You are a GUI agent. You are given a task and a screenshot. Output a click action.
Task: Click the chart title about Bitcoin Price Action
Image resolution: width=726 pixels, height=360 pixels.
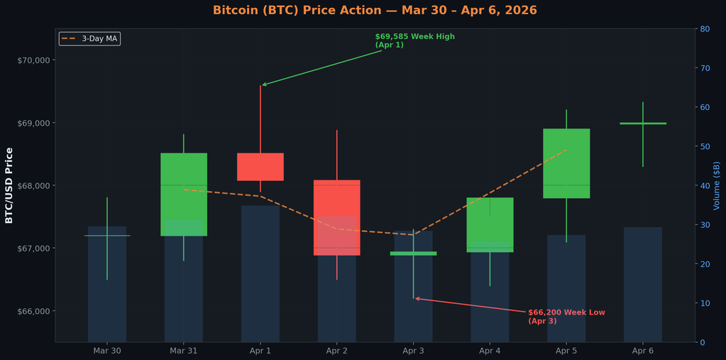[x=375, y=11]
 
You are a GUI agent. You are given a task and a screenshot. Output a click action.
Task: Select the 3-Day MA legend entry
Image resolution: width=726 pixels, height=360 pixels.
[x=90, y=38]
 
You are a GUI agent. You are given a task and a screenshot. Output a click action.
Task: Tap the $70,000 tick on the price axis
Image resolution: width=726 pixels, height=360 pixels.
[x=33, y=60]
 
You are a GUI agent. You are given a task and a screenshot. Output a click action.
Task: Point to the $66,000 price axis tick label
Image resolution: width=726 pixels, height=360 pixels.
[x=33, y=311]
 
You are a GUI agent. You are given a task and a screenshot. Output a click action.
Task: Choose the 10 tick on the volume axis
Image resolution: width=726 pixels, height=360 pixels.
[x=705, y=303]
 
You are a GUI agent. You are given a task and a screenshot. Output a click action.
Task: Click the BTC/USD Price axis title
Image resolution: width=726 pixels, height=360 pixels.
[x=9, y=185]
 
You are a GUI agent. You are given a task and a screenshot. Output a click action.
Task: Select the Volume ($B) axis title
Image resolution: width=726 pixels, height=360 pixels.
[x=717, y=185]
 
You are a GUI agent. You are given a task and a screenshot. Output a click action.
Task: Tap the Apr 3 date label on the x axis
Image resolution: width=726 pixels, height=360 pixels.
[x=413, y=351]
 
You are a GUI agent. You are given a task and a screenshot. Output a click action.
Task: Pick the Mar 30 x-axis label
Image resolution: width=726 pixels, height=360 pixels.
[x=107, y=351]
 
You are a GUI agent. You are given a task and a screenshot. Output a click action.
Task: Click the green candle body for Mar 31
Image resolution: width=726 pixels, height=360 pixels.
[x=184, y=194]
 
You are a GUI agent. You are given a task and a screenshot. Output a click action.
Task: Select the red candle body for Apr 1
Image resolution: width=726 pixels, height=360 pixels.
[x=260, y=167]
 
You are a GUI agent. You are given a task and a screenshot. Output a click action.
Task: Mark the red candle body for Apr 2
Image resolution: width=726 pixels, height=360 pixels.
[x=337, y=217]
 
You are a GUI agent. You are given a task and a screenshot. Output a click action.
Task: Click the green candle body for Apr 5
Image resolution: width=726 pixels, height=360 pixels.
[x=566, y=163]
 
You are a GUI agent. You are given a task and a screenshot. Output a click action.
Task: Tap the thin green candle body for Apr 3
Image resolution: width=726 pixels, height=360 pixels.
[x=413, y=253]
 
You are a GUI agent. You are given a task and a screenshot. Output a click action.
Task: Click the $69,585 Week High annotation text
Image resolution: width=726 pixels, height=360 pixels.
[x=414, y=40]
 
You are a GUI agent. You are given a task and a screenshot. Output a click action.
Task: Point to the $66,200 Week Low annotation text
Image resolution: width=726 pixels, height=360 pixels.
[x=566, y=317]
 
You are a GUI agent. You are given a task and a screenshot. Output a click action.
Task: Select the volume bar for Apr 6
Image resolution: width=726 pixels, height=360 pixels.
[x=643, y=284]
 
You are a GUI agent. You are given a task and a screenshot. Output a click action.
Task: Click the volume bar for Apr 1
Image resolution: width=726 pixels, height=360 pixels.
[x=260, y=273]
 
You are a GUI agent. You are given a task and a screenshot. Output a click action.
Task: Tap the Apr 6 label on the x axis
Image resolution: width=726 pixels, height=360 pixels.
[x=643, y=351]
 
